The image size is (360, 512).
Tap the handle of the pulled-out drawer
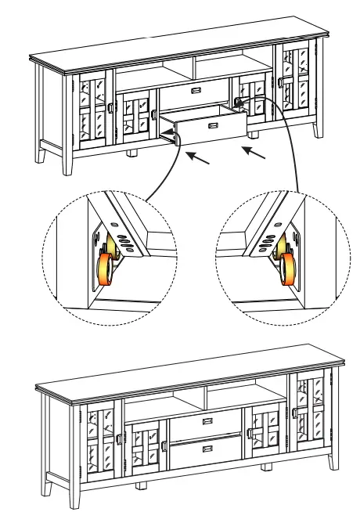(210, 125)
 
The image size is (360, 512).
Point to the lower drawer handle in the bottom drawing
(207, 449)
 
